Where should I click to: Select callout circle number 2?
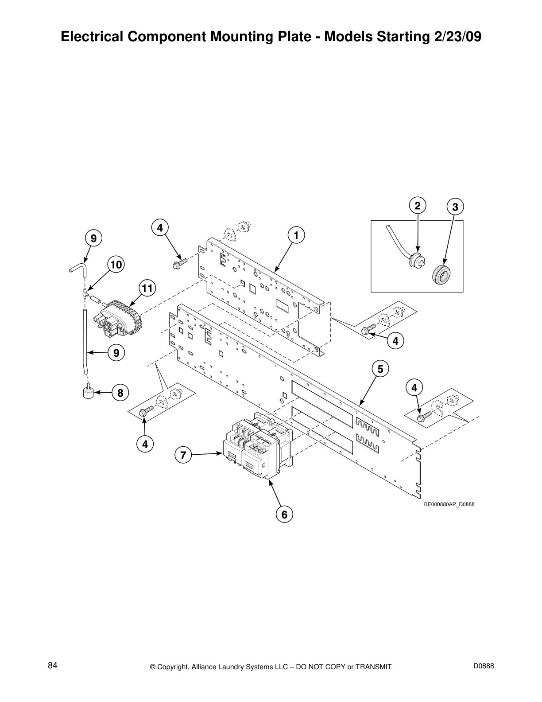(x=417, y=206)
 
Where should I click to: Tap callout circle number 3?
(x=455, y=207)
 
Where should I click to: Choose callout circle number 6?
(x=284, y=514)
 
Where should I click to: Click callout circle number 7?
(x=183, y=455)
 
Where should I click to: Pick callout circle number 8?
(x=120, y=393)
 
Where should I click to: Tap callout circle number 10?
(x=116, y=265)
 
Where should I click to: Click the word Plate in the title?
(x=295, y=37)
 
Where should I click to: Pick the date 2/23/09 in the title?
(x=454, y=37)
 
